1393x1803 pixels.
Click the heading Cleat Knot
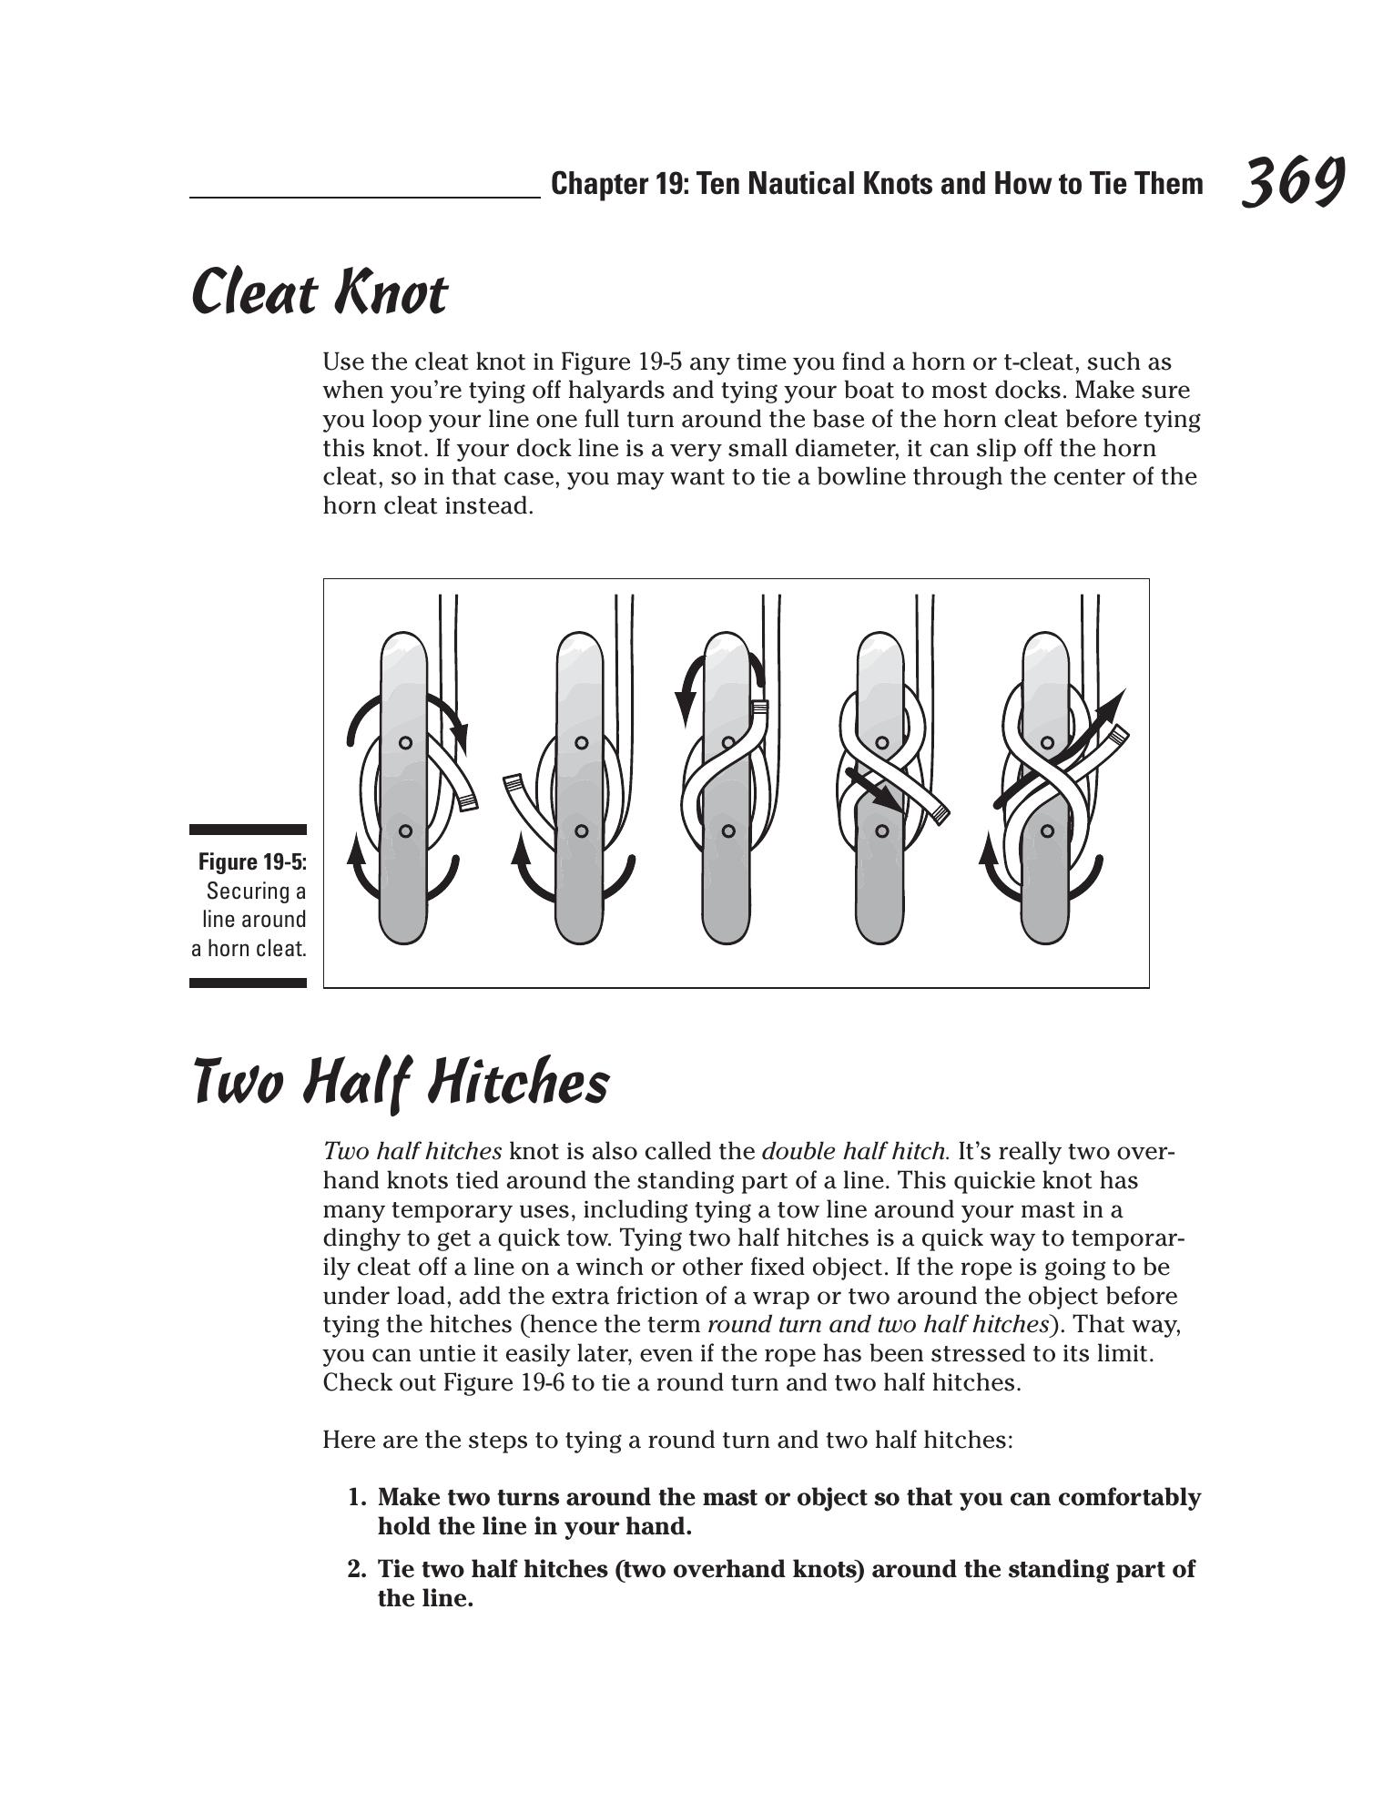click(320, 293)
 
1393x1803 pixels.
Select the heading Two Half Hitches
click(401, 1083)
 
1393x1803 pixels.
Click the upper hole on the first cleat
click(405, 743)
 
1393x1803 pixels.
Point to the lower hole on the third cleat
click(728, 830)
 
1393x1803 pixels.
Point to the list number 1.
click(356, 1498)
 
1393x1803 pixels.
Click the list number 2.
click(356, 1570)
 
